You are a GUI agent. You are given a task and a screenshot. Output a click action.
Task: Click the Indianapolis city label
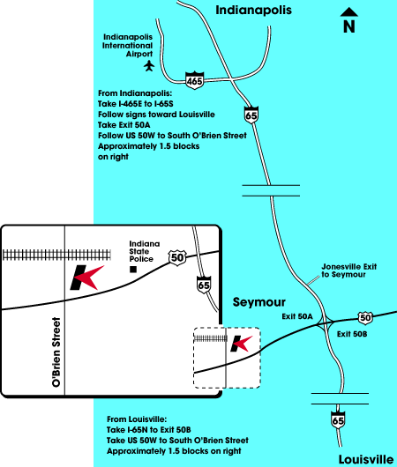[253, 10]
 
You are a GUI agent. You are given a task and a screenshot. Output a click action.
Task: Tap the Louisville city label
[366, 459]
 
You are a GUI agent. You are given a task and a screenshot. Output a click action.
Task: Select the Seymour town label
[258, 302]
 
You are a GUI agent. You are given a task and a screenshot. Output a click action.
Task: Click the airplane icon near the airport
[149, 65]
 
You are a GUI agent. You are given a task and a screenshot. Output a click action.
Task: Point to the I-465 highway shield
[194, 80]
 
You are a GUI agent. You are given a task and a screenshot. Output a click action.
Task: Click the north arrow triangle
[349, 12]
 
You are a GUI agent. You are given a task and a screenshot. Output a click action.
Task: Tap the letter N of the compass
[349, 26]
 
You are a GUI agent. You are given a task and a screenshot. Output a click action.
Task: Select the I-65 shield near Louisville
[338, 420]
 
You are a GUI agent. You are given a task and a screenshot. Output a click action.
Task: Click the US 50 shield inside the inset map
[177, 257]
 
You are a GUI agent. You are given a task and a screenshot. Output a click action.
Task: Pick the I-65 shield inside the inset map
[204, 285]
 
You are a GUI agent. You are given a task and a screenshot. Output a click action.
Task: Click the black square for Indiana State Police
[133, 270]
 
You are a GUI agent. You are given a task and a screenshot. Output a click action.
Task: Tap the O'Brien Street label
[56, 352]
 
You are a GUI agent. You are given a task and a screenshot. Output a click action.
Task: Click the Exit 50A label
[297, 316]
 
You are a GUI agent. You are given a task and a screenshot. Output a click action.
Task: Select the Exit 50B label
[352, 334]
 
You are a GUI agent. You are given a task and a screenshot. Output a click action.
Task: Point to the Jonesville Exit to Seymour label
[349, 271]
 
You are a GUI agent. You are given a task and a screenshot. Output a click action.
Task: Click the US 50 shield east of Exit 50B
[365, 317]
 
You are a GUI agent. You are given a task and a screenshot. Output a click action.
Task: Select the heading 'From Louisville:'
[137, 419]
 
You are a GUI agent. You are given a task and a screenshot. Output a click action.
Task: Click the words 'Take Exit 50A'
[124, 125]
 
